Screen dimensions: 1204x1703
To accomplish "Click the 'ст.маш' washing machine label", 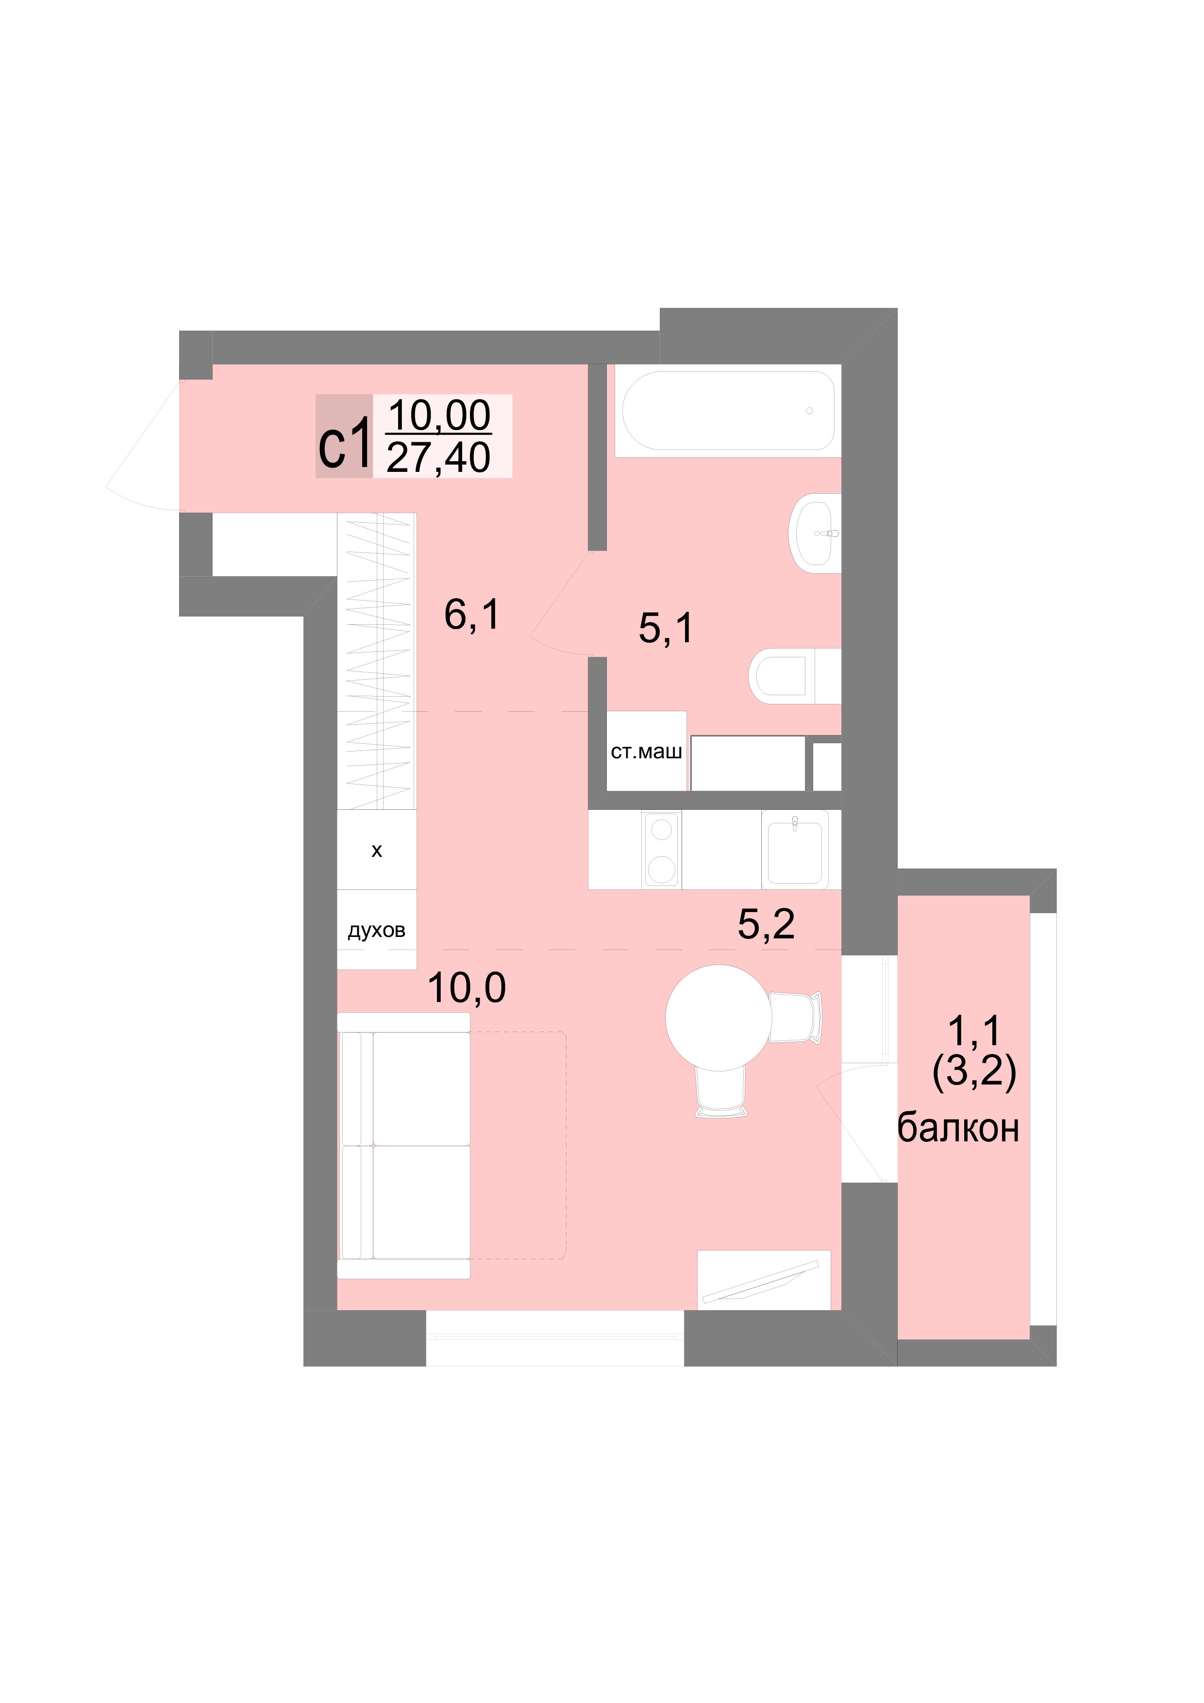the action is click(646, 751).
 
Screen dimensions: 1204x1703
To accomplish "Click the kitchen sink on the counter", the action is click(795, 849).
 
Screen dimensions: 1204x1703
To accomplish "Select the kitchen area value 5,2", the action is click(766, 924).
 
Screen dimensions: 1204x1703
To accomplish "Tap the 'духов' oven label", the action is click(376, 930).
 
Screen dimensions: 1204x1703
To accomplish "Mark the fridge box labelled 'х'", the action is click(377, 850).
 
